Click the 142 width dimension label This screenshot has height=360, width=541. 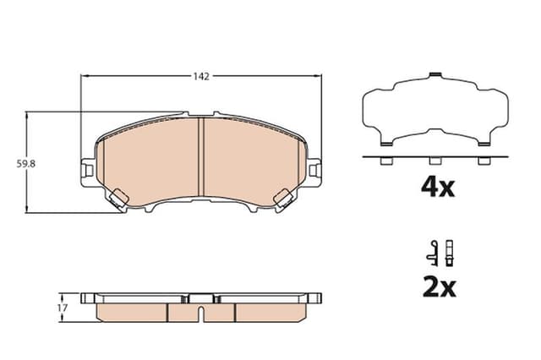point(200,76)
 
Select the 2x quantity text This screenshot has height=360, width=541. point(438,287)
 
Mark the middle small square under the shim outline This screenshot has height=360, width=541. point(434,162)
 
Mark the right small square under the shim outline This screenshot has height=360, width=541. point(483,162)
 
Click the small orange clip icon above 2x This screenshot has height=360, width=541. point(449,250)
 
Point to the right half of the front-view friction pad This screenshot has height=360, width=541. point(249,165)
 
